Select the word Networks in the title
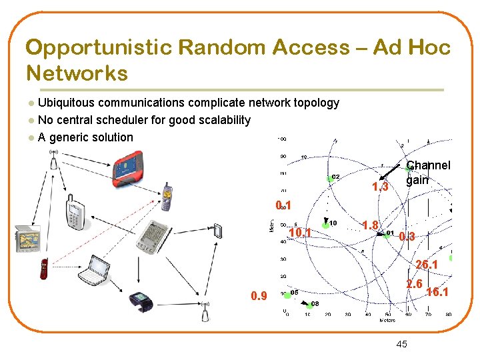click(x=77, y=73)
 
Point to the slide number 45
click(x=401, y=344)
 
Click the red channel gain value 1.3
click(x=380, y=187)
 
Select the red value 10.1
click(x=301, y=233)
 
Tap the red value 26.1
click(x=427, y=265)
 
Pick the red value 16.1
click(x=437, y=292)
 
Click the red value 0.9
click(x=259, y=296)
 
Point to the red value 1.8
click(x=370, y=225)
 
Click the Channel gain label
click(x=427, y=173)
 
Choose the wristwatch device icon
click(x=141, y=302)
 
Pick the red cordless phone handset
click(x=44, y=268)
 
